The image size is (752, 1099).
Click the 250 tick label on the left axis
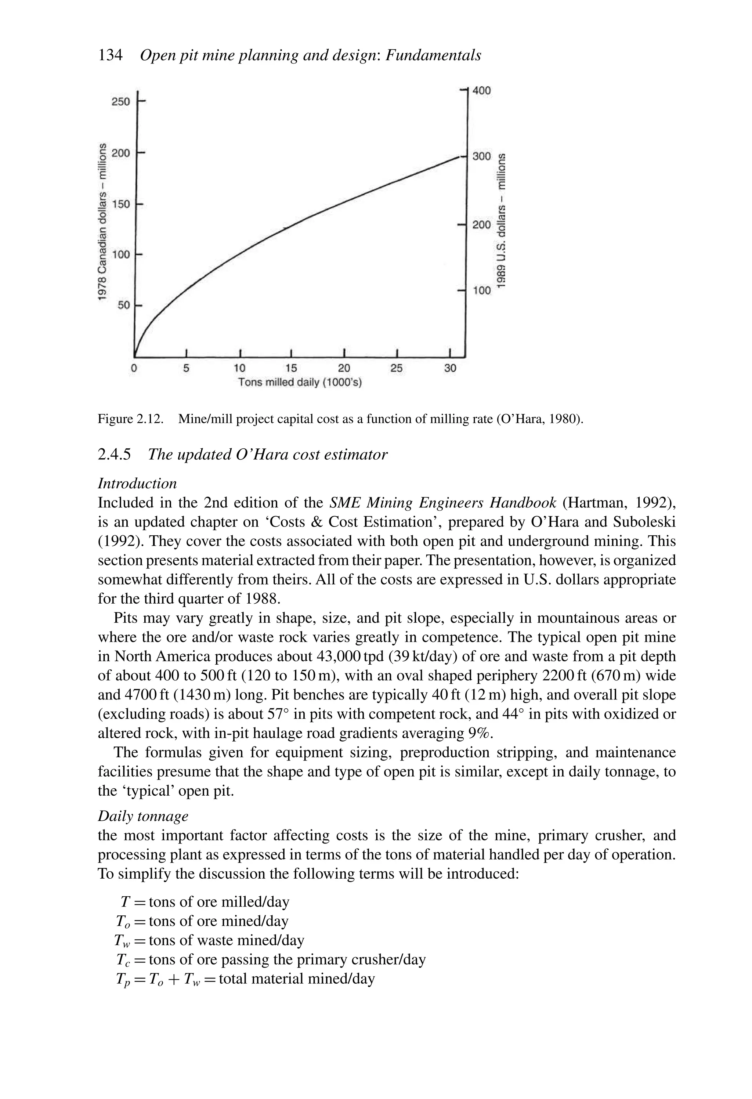(120, 102)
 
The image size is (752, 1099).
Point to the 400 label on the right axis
(481, 90)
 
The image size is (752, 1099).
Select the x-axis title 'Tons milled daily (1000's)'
(300, 382)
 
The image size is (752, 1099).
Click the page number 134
(110, 55)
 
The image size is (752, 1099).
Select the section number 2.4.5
(113, 455)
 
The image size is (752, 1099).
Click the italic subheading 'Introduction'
(137, 483)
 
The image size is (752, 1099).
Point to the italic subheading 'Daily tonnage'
(143, 816)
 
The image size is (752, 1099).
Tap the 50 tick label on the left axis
(123, 305)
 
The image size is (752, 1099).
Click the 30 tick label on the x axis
(450, 368)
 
